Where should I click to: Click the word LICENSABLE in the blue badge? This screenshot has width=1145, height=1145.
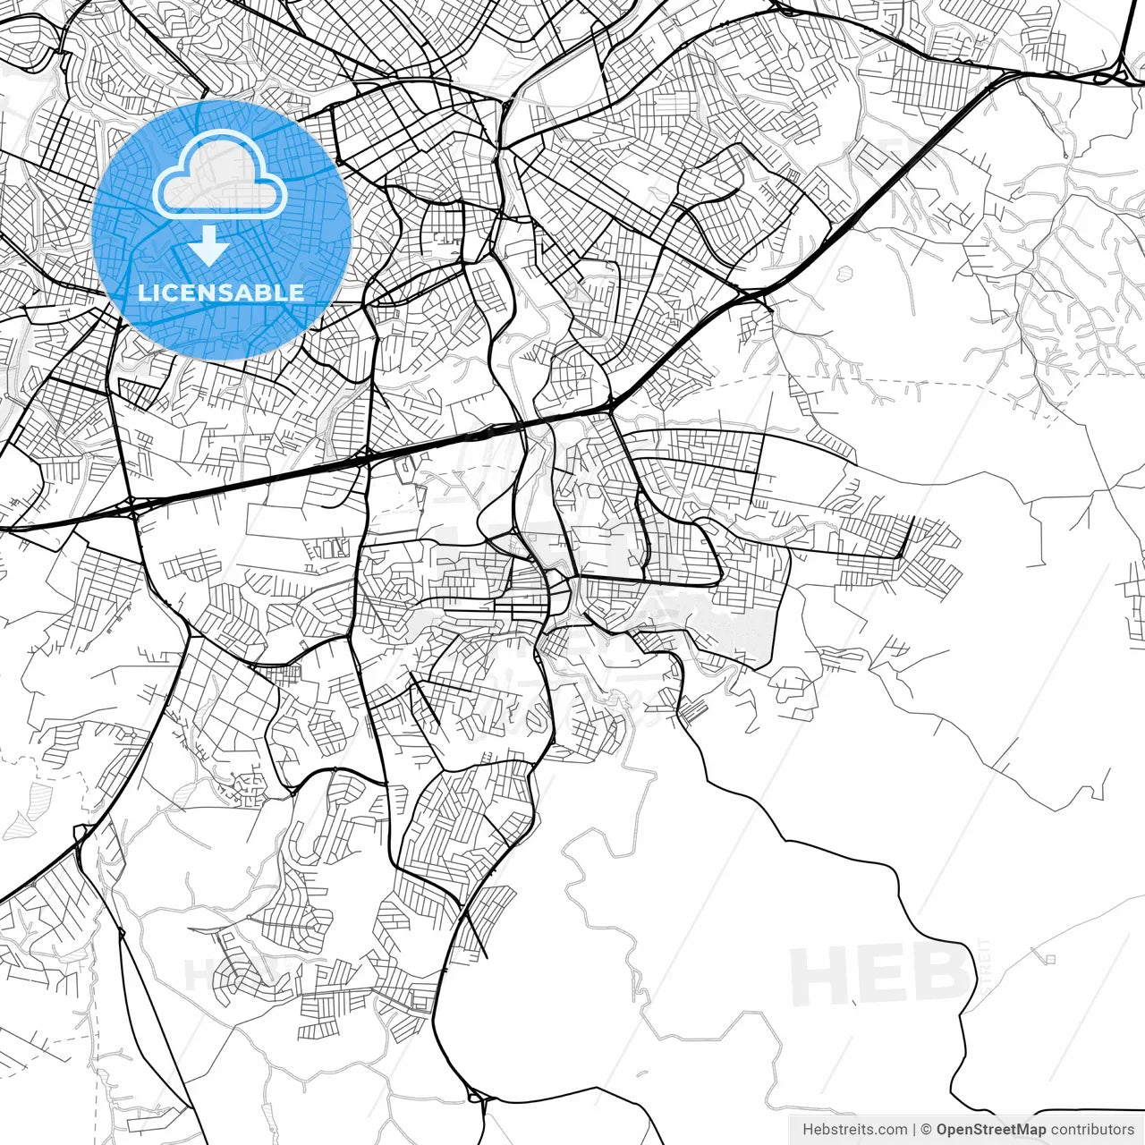point(221,293)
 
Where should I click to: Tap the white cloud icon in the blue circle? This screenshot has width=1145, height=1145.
point(219,179)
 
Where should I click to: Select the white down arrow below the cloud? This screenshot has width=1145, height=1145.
point(208,246)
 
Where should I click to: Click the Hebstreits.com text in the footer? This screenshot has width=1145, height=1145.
point(854,1130)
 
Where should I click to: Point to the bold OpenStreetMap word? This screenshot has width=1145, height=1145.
point(990,1130)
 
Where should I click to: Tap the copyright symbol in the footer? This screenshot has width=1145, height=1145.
point(927,1130)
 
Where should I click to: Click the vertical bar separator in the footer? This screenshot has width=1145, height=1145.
point(913,1130)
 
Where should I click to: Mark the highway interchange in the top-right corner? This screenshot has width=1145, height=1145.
point(1118,72)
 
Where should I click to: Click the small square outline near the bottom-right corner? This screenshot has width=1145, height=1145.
point(1050,959)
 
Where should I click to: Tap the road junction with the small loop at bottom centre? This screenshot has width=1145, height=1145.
point(477,1097)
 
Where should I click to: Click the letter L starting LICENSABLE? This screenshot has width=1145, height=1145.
point(143,293)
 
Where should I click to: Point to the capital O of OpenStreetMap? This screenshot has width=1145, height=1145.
point(942,1130)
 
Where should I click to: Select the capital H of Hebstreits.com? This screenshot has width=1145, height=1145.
point(807,1130)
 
